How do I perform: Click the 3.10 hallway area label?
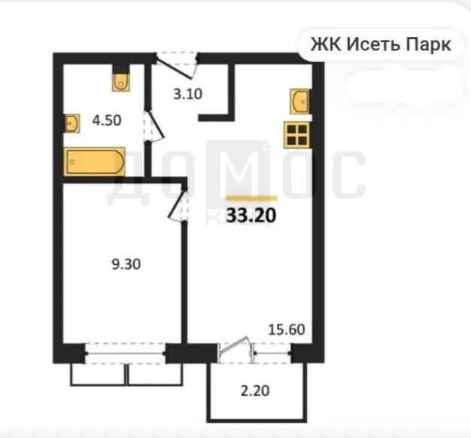(x=188, y=94)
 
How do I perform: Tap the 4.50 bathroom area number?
(x=107, y=120)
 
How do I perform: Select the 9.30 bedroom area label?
(x=126, y=265)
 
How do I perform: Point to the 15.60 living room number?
(x=287, y=330)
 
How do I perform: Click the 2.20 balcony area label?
(x=255, y=391)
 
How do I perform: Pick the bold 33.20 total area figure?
(x=251, y=215)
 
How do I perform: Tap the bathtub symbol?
(x=95, y=162)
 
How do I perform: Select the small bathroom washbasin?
(x=71, y=123)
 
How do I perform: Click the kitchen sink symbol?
(x=300, y=102)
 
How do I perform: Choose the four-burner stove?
(x=297, y=135)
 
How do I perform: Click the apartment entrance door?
(x=177, y=66)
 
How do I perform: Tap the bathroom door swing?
(x=153, y=126)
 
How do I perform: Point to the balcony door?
(x=235, y=349)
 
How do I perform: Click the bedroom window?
(x=126, y=354)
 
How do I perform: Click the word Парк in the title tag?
(x=429, y=44)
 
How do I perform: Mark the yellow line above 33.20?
(x=251, y=198)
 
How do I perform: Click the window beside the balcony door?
(x=273, y=353)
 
